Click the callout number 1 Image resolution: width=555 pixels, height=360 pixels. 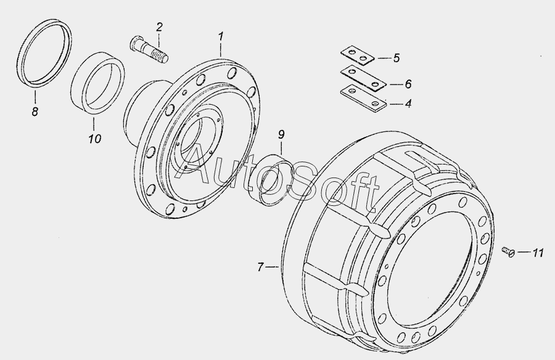coord(221,36)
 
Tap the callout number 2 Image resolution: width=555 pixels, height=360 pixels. coord(159,27)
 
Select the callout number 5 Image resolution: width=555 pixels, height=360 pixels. coord(397,58)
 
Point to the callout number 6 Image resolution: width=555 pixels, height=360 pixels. coord(408,84)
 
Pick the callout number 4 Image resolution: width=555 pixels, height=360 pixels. coord(408,104)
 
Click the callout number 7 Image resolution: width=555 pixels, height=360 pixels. coord(260,266)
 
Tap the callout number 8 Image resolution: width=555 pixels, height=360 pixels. coord(35,112)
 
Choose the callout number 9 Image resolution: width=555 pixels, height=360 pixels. coord(281,134)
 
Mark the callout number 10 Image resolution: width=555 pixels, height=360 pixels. coord(95,139)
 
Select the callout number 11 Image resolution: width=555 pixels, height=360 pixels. coord(538,253)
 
